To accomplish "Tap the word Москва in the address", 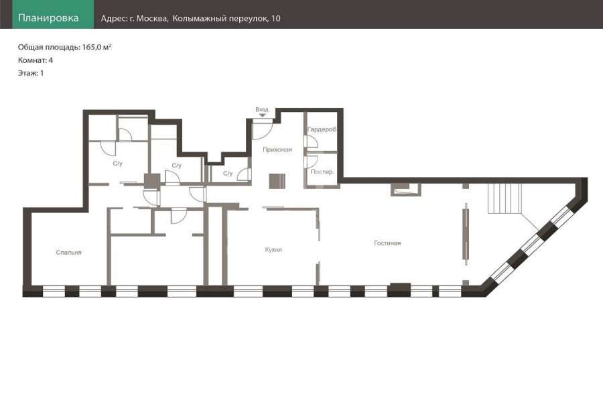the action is coord(152,18).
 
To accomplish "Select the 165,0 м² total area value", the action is coord(97,47).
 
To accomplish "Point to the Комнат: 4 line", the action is coord(36,60).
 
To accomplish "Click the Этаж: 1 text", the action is coord(31,73).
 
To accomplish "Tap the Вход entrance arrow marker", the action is coord(262,115).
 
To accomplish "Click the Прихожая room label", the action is coord(277,149).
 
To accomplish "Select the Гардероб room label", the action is coord(322,129).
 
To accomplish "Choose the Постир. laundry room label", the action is coord(322,172).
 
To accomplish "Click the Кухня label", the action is coord(273,250).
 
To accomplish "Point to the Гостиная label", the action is coord(387,243).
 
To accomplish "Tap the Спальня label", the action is coord(68,253).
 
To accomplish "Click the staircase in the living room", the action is coord(505,198).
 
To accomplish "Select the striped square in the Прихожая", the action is coord(277,181).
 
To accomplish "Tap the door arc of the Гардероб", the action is coord(312,141).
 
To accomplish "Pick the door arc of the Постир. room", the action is coord(312,161).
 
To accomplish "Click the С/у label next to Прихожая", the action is coord(228,174).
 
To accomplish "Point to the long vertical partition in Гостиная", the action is coord(466,234).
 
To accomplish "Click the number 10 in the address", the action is coord(276,18).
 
